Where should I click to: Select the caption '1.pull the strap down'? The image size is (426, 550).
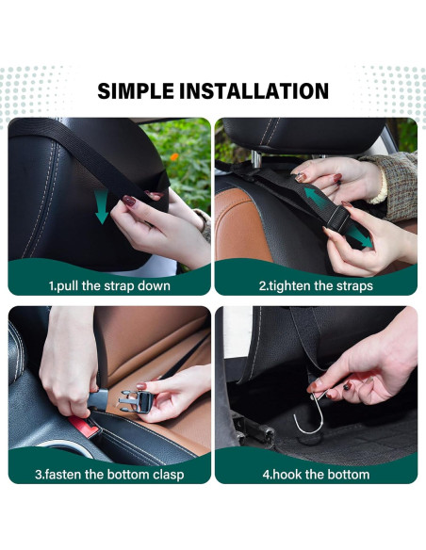click(109, 285)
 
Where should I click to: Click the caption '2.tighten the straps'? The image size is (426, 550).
click(316, 285)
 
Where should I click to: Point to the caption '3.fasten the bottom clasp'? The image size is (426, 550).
click(109, 474)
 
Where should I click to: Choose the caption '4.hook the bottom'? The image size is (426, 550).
click(316, 474)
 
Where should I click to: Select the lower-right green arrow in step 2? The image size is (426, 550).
click(361, 238)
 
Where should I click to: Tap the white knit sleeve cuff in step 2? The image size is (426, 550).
click(378, 186)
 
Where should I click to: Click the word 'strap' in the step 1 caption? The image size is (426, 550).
click(125, 285)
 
